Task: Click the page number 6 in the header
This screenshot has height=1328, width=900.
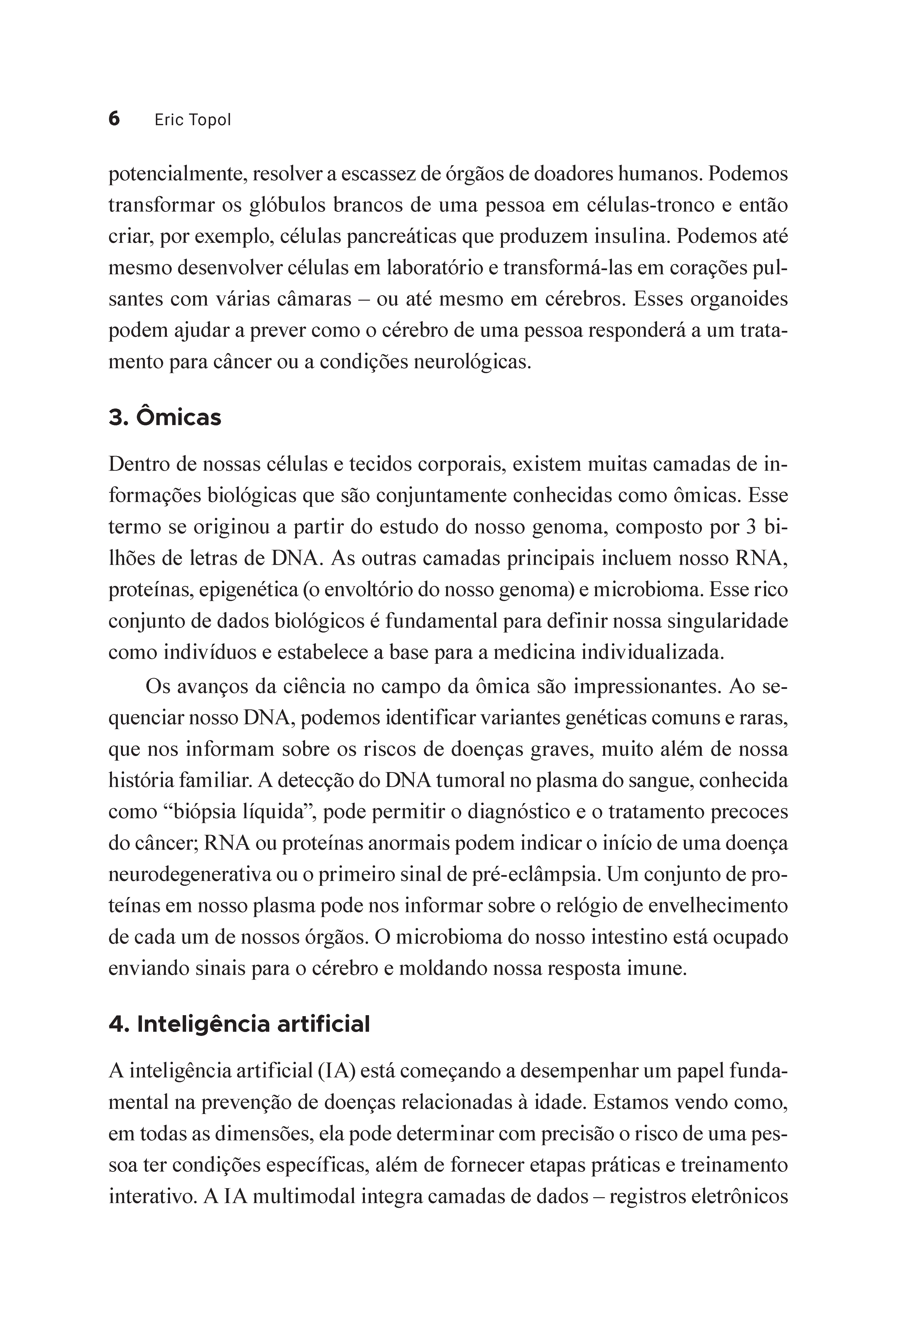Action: [114, 119]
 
